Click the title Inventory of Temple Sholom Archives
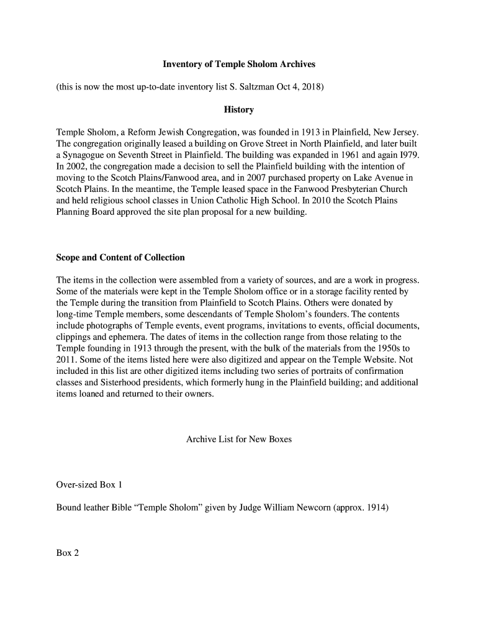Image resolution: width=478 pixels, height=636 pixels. coord(239,65)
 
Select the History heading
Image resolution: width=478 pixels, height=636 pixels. coord(239,110)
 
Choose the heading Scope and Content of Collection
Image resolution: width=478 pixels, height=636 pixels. coord(120,257)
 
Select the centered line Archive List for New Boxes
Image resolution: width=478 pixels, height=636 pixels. coord(239,440)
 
